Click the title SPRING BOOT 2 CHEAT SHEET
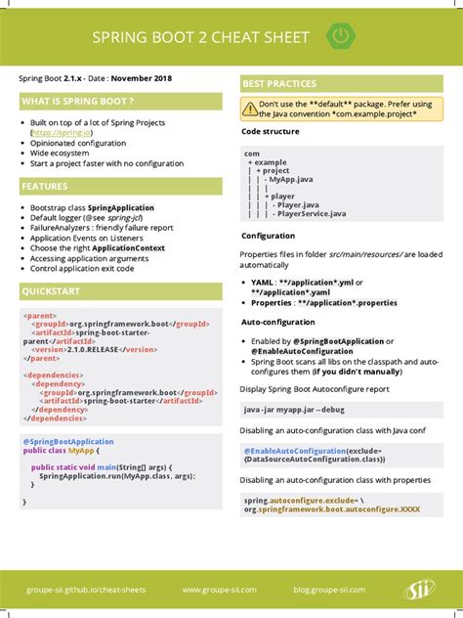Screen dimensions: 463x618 click(x=200, y=38)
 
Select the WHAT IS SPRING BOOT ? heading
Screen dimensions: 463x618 click(x=77, y=101)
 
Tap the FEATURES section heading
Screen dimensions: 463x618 click(x=45, y=186)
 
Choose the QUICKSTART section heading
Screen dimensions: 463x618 click(x=52, y=291)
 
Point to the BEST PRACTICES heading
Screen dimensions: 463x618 click(x=279, y=84)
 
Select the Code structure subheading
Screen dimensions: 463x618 click(x=271, y=130)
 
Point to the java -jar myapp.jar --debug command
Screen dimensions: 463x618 click(x=294, y=408)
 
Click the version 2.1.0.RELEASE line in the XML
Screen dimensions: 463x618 click(x=94, y=349)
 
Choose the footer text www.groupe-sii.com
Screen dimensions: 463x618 click(x=219, y=590)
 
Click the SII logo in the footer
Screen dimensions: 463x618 click(x=419, y=589)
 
